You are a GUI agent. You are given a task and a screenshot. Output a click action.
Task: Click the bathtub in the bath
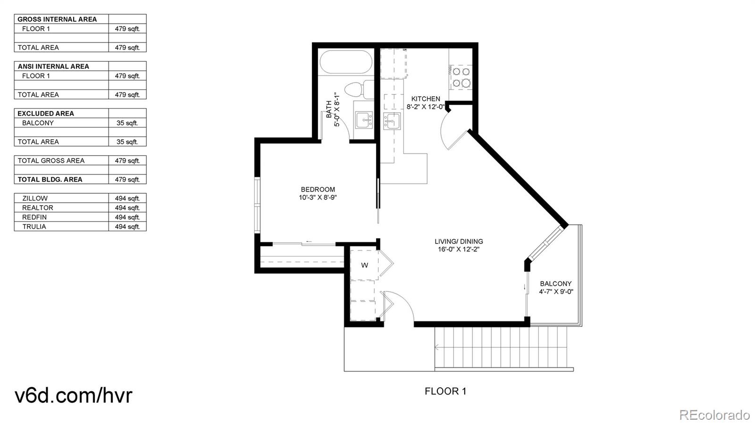[x=345, y=62]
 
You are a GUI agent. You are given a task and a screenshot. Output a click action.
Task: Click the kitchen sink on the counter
[x=392, y=122]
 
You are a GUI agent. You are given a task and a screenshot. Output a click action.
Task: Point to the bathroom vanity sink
[x=364, y=120]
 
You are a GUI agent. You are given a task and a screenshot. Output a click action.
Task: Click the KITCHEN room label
[x=426, y=99]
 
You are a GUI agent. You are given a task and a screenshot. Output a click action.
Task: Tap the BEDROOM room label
[x=318, y=190]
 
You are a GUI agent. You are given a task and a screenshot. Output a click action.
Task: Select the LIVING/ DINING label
[x=459, y=241]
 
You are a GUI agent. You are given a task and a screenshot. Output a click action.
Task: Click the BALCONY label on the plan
[x=555, y=283]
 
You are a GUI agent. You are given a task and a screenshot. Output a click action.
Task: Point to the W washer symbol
[x=364, y=265]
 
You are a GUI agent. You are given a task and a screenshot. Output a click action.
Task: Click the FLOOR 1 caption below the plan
[x=445, y=391]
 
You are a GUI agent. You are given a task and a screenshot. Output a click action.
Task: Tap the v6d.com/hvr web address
[x=74, y=395]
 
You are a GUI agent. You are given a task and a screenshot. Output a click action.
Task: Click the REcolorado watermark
[x=714, y=415]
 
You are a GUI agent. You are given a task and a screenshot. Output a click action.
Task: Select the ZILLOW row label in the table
[x=35, y=198]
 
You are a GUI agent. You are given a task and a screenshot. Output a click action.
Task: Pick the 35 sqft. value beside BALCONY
[x=127, y=123]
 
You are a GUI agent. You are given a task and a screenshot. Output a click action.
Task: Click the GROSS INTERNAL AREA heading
[x=57, y=19]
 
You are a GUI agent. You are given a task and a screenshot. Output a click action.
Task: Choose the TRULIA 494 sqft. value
[x=127, y=226]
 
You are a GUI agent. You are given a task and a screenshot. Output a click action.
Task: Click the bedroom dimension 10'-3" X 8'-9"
[x=318, y=198]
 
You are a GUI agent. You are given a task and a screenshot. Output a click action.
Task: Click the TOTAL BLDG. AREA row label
[x=50, y=179]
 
